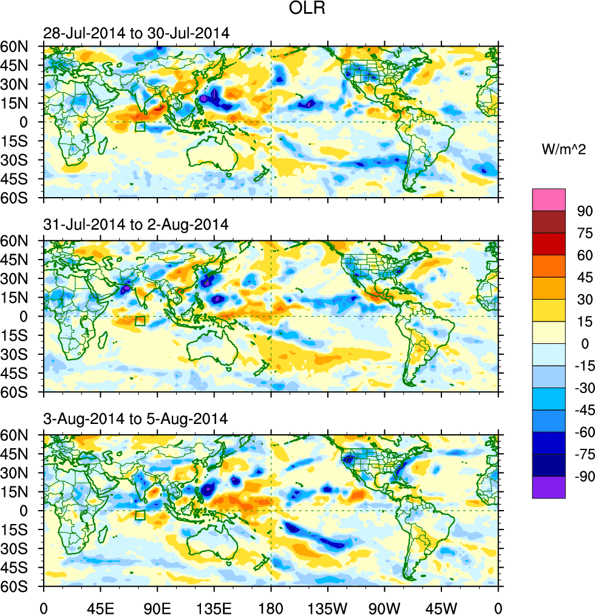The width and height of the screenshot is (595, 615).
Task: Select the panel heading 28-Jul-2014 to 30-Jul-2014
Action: [x=137, y=33]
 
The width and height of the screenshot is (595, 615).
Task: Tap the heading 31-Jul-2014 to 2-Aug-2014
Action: [x=136, y=224]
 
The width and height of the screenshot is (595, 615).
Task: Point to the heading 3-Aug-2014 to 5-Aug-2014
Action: [x=135, y=418]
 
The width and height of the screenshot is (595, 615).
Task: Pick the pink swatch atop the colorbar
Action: [x=549, y=200]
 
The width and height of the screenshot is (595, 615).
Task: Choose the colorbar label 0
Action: [x=585, y=344]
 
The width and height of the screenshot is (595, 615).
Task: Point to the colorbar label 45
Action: [x=584, y=277]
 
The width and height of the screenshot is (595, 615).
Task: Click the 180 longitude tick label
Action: [x=271, y=607]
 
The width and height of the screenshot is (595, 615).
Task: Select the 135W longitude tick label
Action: [x=328, y=607]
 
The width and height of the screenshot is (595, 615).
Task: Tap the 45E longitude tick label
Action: [x=100, y=607]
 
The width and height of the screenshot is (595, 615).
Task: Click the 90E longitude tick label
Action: [x=157, y=607]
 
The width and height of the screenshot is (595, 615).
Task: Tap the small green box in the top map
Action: [x=140, y=127]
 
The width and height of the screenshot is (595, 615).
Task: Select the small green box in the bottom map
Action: [x=140, y=516]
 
